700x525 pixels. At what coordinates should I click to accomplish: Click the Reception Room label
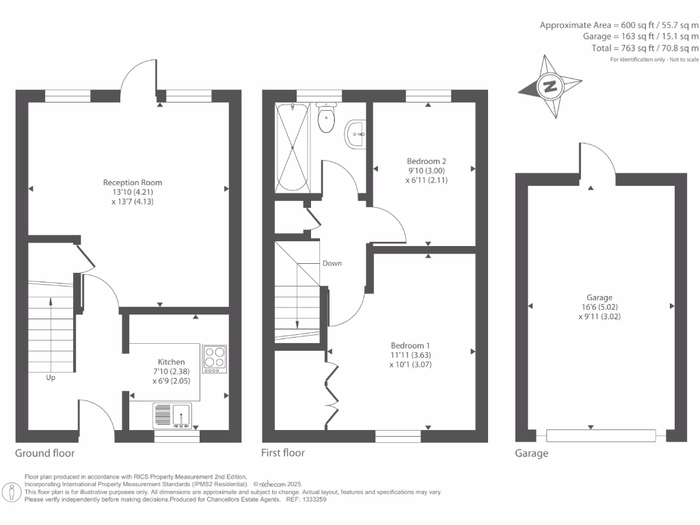click(x=133, y=183)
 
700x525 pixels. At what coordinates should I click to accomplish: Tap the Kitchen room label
click(x=171, y=362)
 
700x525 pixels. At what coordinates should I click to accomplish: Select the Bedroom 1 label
click(x=411, y=345)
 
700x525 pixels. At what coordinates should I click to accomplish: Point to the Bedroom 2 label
click(x=422, y=161)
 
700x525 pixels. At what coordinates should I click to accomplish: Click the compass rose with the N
click(x=549, y=87)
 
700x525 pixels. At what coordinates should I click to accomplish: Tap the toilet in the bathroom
click(x=327, y=118)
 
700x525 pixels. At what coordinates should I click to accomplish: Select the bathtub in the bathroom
click(x=293, y=146)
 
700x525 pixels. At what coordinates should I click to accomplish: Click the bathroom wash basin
click(x=356, y=134)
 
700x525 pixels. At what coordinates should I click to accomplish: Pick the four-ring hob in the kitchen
click(x=215, y=359)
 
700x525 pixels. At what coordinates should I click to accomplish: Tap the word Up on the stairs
click(x=51, y=377)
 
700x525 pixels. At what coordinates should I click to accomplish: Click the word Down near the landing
click(x=332, y=263)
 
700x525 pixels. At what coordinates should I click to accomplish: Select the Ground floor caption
click(x=45, y=453)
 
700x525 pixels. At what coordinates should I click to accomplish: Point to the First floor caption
click(x=283, y=453)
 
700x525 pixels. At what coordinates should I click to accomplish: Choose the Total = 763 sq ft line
click(x=645, y=49)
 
